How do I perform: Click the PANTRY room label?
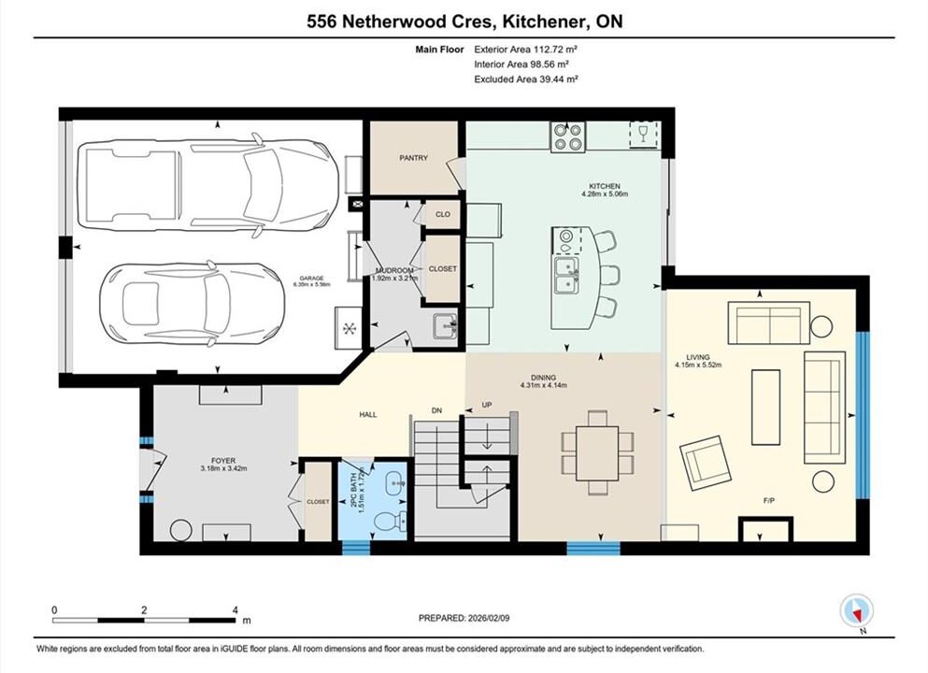(x=413, y=158)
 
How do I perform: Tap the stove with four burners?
(x=568, y=136)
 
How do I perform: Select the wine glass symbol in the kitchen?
(x=643, y=133)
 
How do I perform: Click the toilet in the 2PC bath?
(x=392, y=522)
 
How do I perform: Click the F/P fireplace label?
(x=769, y=501)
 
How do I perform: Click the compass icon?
(x=856, y=611)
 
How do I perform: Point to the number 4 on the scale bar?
(x=236, y=610)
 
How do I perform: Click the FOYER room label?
(x=223, y=461)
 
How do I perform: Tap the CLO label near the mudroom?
(x=443, y=214)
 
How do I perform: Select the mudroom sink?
(x=446, y=326)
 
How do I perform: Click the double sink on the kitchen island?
(x=567, y=275)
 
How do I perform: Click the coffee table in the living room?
(x=765, y=407)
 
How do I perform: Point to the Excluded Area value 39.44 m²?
(x=558, y=79)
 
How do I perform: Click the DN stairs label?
(x=436, y=410)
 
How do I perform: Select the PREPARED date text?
(x=464, y=618)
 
